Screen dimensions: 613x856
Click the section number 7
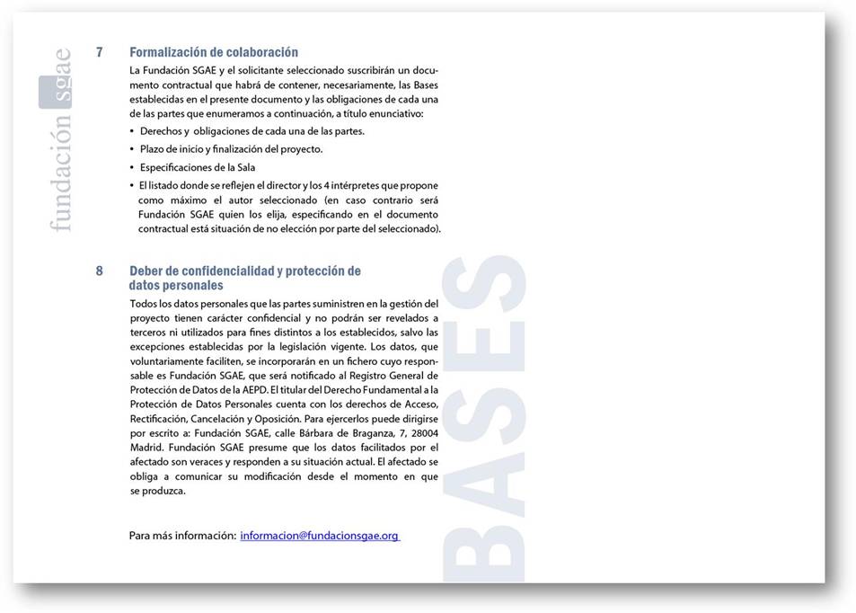point(100,52)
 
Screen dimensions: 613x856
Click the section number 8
point(100,271)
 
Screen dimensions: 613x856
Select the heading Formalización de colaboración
point(213,52)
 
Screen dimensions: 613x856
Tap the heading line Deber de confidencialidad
point(244,271)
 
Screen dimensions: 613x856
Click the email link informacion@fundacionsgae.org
point(319,536)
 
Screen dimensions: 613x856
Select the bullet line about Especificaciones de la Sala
point(198,167)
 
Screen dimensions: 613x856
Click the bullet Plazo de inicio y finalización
point(231,149)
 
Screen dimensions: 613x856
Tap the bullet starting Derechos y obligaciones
point(252,131)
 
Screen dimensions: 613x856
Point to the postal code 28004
point(422,433)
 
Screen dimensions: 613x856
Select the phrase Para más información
point(182,536)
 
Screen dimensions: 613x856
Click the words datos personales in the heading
point(175,285)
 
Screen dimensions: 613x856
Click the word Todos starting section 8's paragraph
point(145,304)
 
